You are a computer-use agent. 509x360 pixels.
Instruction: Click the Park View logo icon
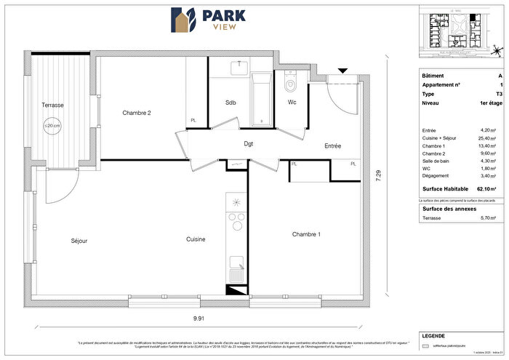click(x=183, y=21)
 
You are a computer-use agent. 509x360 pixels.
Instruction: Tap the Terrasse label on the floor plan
click(x=52, y=105)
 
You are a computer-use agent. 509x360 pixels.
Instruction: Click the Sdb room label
click(x=231, y=102)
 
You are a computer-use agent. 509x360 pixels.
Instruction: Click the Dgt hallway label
click(x=248, y=144)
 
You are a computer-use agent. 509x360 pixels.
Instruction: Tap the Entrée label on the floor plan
click(x=332, y=147)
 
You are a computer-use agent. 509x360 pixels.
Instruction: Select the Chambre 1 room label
click(x=307, y=234)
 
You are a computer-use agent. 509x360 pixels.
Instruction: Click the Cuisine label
click(x=195, y=239)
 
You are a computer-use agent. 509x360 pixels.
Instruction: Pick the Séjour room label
click(x=79, y=241)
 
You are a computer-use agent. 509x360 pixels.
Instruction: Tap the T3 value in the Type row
click(x=498, y=95)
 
